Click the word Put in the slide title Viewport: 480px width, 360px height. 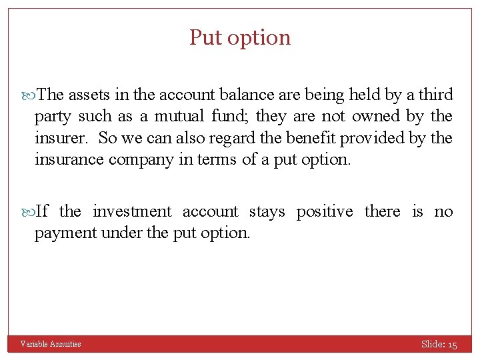pyautogui.click(x=205, y=37)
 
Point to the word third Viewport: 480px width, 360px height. pyautogui.click(x=435, y=95)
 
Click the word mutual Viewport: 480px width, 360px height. pyautogui.click(x=179, y=117)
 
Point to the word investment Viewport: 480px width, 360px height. pyautogui.click(x=132, y=211)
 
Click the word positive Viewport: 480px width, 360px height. pyautogui.click(x=325, y=212)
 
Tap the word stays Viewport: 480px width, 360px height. pyautogui.click(x=266, y=212)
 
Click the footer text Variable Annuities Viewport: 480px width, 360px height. pyautogui.click(x=51, y=344)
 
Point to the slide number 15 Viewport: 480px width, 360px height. pyautogui.click(x=453, y=345)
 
